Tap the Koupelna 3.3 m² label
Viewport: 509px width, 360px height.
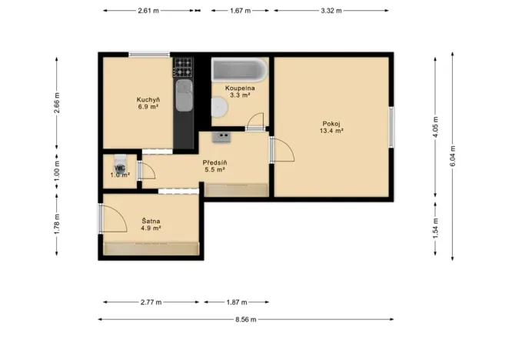pos(240,92)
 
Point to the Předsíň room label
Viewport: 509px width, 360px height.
pos(214,166)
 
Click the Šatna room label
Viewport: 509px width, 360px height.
pos(150,224)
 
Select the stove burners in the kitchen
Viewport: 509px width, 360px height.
pos(183,67)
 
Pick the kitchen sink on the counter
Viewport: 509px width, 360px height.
pos(183,98)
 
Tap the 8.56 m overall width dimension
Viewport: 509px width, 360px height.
pos(245,319)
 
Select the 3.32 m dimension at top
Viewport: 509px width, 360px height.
pos(334,11)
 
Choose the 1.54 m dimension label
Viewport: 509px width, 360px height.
pos(435,227)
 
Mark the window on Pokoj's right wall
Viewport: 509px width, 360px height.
pos(391,127)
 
